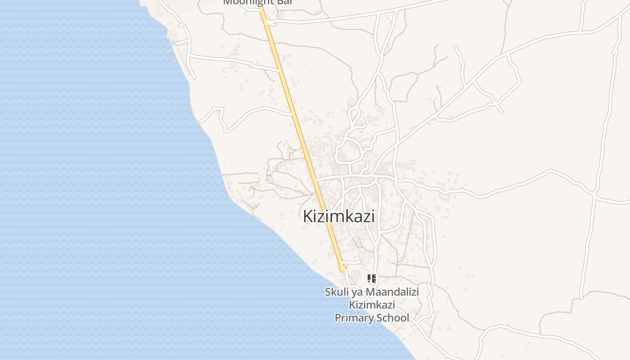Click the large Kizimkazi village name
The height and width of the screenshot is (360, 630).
tap(338, 216)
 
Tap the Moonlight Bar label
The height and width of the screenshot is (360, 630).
tap(258, 2)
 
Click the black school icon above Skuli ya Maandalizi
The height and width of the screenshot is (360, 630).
tap(371, 279)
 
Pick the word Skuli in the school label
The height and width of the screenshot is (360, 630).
tap(335, 292)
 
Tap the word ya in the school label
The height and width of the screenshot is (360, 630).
tap(355, 292)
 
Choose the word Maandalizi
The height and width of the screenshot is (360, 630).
tap(391, 292)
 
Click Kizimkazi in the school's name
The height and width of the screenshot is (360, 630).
tap(372, 305)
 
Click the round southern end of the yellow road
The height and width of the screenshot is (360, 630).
tap(342, 268)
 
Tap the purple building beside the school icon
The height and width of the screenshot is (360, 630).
tap(356, 274)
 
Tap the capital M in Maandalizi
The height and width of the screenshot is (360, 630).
tap(370, 292)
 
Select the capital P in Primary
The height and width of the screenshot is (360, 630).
tap(337, 318)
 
